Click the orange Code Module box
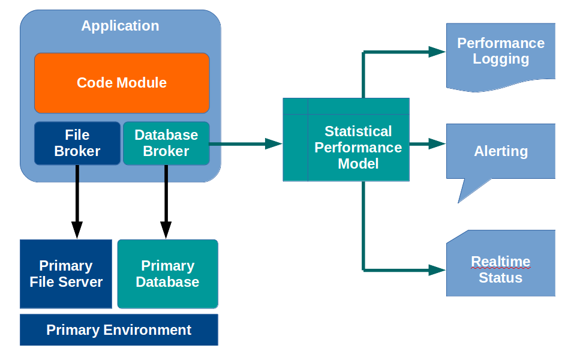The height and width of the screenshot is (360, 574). point(122,83)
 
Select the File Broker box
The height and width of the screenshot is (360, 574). point(77,143)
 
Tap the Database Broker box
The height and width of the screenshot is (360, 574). point(166,143)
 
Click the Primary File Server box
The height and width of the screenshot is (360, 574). point(66,274)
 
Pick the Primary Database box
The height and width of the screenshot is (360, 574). point(168,274)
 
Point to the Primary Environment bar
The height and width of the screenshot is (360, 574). point(119,330)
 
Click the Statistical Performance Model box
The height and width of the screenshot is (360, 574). point(358,147)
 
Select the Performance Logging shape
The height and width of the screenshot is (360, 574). point(501,54)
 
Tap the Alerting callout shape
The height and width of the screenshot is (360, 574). point(501,151)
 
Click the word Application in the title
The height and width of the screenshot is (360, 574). point(121,26)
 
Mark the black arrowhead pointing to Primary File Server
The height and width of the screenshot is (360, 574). point(77,229)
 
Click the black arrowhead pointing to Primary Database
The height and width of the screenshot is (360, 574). point(166,229)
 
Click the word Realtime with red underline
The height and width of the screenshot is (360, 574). point(501,262)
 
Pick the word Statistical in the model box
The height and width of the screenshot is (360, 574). point(358,131)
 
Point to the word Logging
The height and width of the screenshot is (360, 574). point(501,59)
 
